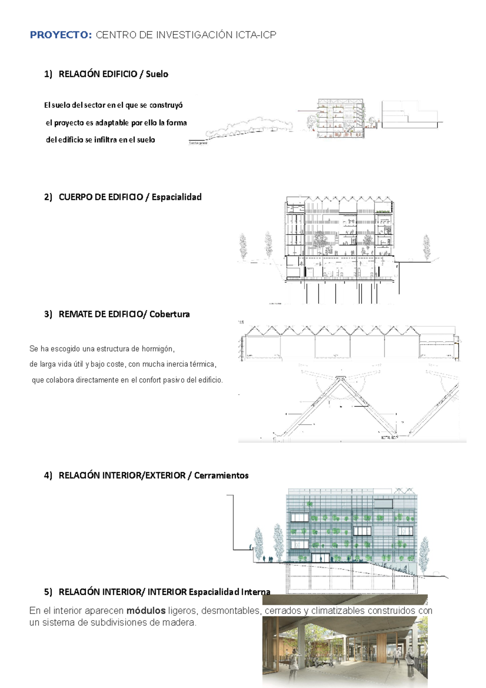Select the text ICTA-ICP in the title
pyautogui.click(x=256, y=35)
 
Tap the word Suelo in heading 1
pyautogui.click(x=157, y=74)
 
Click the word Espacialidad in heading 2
pyautogui.click(x=177, y=197)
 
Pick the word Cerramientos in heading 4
pyautogui.click(x=221, y=476)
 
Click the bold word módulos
pyautogui.click(x=146, y=611)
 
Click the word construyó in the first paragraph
pyautogui.click(x=166, y=105)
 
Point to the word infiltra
pyautogui.click(x=105, y=140)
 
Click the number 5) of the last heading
pyautogui.click(x=48, y=592)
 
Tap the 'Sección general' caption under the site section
pyautogui.click(x=198, y=143)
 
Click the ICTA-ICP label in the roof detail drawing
pyautogui.click(x=390, y=438)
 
